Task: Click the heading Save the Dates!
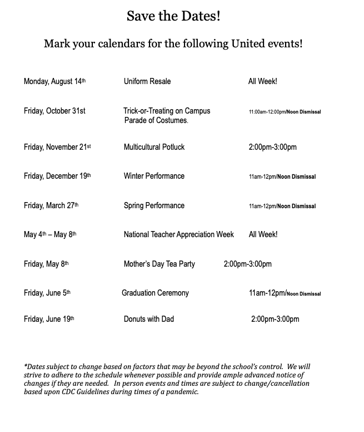(173, 16)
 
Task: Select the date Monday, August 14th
(54, 81)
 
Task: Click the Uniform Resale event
(147, 81)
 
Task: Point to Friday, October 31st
(54, 111)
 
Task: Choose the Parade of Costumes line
(156, 120)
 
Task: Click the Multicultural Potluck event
(154, 147)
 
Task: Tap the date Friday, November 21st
(57, 147)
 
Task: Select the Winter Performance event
(154, 176)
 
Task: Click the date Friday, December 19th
(57, 176)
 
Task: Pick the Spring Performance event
(154, 205)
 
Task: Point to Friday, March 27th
(51, 205)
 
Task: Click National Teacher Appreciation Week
(179, 234)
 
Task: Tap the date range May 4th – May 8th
(50, 234)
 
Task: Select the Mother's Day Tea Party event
(159, 264)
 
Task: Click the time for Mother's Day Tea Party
(247, 264)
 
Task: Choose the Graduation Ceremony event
(155, 293)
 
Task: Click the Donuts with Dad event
(149, 319)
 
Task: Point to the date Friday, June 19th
(49, 319)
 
